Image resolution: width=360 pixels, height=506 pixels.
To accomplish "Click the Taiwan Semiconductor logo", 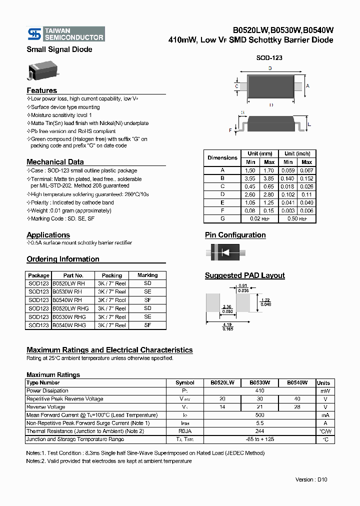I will click(x=65, y=34).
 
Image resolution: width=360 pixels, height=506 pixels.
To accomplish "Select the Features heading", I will click(x=41, y=90).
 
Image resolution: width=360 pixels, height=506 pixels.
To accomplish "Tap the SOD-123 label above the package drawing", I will click(x=269, y=58).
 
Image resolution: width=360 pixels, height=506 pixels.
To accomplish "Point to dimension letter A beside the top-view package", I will click(x=307, y=86).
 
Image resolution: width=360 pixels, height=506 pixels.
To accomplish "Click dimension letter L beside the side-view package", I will click(x=309, y=124).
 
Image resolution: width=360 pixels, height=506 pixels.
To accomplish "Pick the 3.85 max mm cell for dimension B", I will click(x=269, y=178).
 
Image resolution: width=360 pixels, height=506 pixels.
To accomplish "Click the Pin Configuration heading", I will click(x=235, y=235).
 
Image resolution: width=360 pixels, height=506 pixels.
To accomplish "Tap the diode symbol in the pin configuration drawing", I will click(x=225, y=252).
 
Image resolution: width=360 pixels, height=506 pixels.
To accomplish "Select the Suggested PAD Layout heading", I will click(x=244, y=275).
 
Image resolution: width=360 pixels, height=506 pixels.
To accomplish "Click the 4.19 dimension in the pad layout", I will click(x=227, y=324).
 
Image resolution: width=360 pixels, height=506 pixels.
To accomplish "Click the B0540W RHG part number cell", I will click(x=69, y=325).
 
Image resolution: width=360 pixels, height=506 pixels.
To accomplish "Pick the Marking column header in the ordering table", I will click(x=147, y=275).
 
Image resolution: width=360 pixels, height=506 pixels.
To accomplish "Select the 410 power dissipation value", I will click(x=259, y=390).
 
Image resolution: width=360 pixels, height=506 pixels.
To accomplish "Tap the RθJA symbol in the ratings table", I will click(x=185, y=431).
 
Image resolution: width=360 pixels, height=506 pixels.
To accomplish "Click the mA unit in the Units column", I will click(x=325, y=415).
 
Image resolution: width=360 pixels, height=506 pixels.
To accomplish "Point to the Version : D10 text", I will click(x=311, y=479).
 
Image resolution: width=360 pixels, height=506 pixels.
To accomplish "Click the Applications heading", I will click(x=48, y=235).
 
